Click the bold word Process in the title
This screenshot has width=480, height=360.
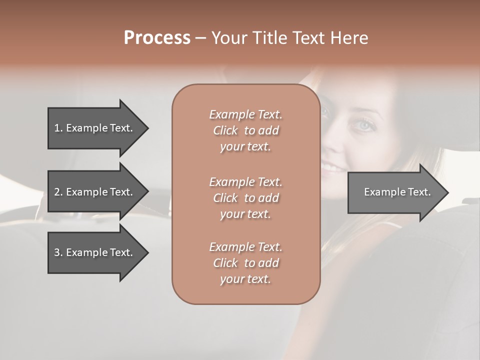point(157,38)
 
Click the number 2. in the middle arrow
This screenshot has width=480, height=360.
point(58,192)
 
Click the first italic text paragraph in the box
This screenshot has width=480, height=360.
point(245,130)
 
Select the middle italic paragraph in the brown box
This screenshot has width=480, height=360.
point(245,198)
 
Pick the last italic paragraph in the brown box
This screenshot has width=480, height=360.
point(245,263)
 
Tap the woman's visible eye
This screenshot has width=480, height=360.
point(365,125)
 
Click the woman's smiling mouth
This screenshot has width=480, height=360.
point(331,166)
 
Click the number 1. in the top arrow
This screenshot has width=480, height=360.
point(58,128)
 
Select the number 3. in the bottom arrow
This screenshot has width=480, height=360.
point(58,252)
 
